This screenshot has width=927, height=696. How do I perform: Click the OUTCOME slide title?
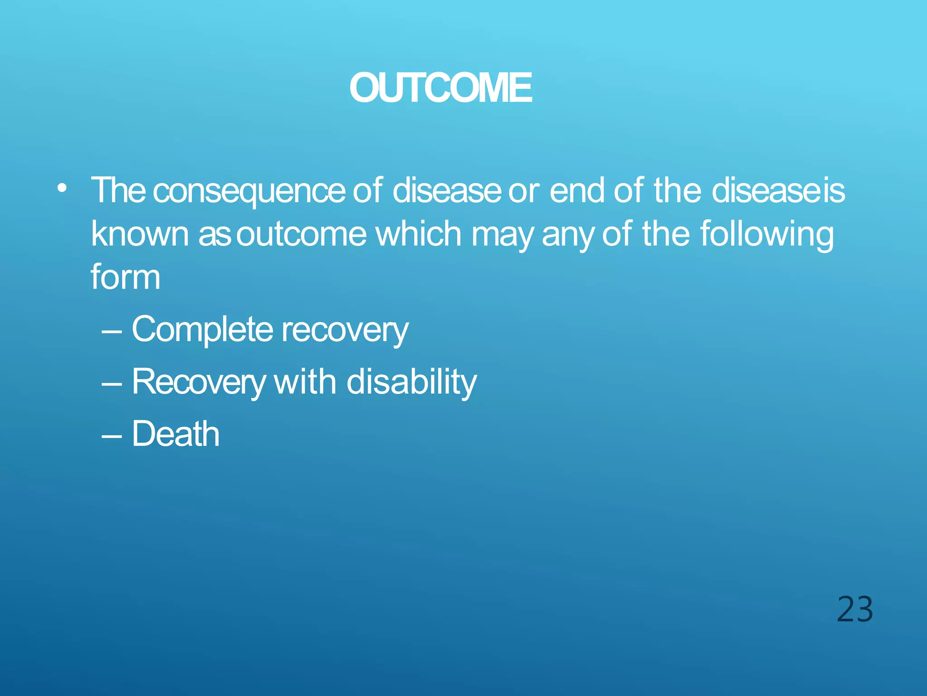click(440, 88)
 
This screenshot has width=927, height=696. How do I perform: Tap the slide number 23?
click(855, 609)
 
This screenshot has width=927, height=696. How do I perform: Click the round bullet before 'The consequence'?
click(62, 188)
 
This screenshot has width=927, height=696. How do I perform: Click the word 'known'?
click(139, 234)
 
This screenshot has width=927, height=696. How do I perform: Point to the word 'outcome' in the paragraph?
click(301, 234)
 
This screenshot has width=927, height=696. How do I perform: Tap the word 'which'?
click(419, 234)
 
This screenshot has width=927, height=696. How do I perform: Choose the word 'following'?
click(766, 234)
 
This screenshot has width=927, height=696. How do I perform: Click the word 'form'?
click(125, 277)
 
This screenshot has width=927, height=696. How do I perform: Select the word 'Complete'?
click(202, 329)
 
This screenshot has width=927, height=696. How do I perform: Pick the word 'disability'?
click(411, 382)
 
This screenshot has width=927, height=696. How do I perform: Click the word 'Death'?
click(176, 434)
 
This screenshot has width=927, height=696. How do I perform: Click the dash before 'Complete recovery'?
click(111, 332)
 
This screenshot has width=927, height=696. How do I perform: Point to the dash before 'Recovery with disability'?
click(111, 384)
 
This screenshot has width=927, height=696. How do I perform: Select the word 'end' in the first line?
click(577, 190)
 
